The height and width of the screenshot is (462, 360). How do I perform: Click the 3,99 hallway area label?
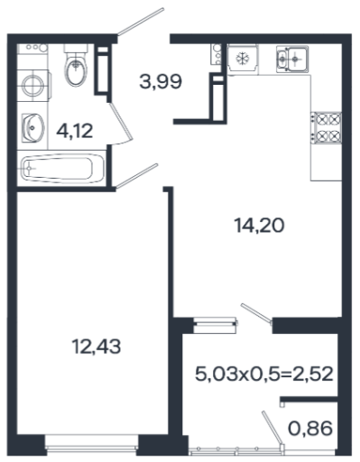[x=161, y=81]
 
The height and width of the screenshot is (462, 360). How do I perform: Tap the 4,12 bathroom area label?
[x=75, y=131]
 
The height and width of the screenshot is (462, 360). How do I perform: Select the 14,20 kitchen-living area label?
[x=259, y=226]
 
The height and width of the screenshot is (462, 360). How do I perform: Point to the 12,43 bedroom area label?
[x=97, y=346]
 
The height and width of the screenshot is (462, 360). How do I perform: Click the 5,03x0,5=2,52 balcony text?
[x=264, y=374]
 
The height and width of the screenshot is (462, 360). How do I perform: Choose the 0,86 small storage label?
[x=310, y=429]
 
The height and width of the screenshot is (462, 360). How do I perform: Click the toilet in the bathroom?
[x=76, y=65]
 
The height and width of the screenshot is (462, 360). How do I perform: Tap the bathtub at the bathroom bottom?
[x=61, y=168]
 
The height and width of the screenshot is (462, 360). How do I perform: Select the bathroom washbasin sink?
[x=32, y=128]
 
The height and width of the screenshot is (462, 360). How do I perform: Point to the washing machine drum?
[x=33, y=86]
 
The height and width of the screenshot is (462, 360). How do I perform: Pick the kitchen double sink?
[x=292, y=59]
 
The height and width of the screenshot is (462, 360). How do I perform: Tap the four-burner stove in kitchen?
[x=327, y=127]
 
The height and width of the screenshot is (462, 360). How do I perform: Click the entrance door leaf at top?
[x=141, y=22]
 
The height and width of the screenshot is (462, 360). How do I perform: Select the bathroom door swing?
[x=121, y=123]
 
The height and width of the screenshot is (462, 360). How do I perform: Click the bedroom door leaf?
[x=136, y=176]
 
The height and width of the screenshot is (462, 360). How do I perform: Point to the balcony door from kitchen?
[x=256, y=314]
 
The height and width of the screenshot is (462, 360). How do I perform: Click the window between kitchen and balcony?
[x=214, y=325]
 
